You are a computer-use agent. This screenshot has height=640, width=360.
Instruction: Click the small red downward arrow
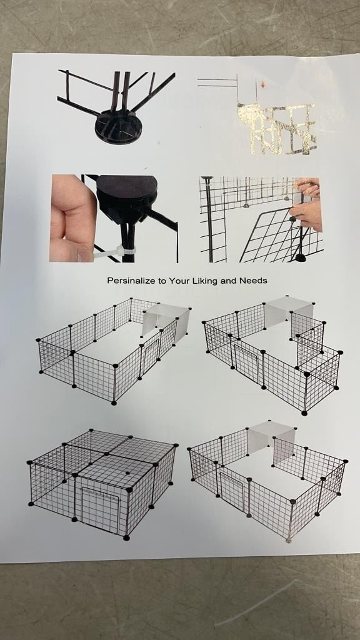(262, 85)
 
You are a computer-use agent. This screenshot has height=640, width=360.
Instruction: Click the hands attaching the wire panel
(307, 204)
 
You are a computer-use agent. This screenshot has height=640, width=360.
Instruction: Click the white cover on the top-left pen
(166, 321)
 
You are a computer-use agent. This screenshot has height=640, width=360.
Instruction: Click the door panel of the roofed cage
(100, 509)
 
